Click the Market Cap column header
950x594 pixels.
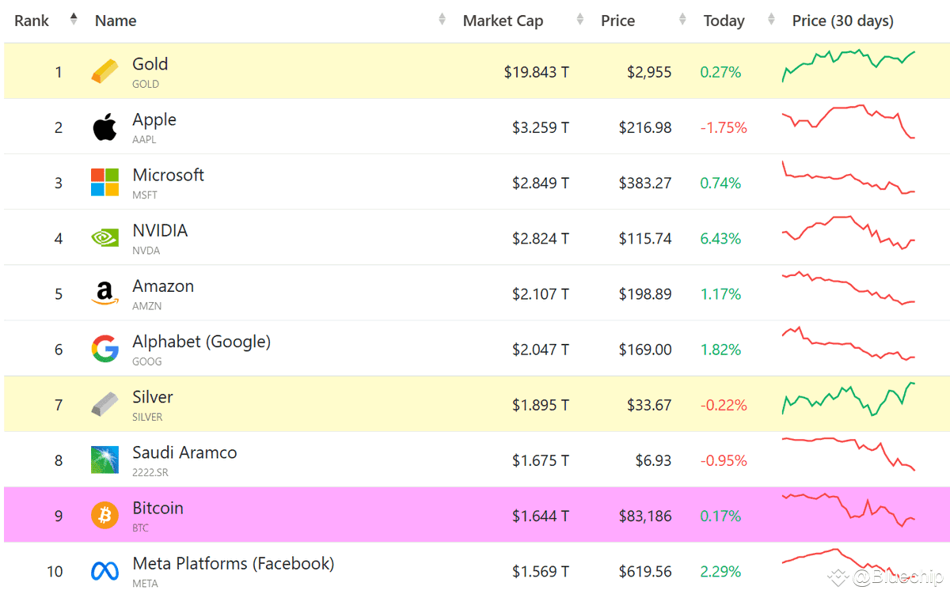[x=503, y=21]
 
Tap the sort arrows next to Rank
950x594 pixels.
[x=74, y=19]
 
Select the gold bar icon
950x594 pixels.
[x=104, y=71]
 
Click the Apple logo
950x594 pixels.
[x=104, y=127]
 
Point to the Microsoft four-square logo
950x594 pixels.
[x=104, y=182]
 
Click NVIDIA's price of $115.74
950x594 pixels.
[x=645, y=239]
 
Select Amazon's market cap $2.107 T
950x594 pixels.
[x=540, y=294]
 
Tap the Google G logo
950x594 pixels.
[x=104, y=349]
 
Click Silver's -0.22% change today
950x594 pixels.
[x=724, y=405]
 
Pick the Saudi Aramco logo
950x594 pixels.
[x=104, y=460]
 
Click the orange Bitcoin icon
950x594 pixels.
[x=104, y=515]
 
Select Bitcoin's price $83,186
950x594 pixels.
[x=645, y=516]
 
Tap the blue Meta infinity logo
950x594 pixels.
[x=104, y=571]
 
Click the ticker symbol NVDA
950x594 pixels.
[x=146, y=251]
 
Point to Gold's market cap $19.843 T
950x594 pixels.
[x=536, y=72]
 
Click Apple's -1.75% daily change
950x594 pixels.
[x=724, y=127]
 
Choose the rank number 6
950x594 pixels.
[x=59, y=350]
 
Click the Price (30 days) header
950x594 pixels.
[x=842, y=21]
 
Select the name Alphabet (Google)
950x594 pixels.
[x=201, y=342]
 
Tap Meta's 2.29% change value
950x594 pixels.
[x=720, y=572]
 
